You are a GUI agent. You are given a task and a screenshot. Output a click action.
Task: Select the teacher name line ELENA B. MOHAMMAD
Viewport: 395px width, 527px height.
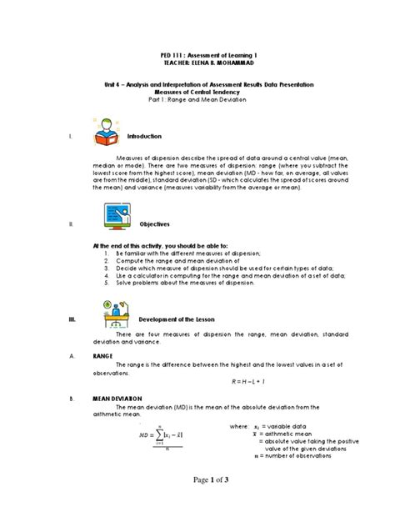197,63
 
